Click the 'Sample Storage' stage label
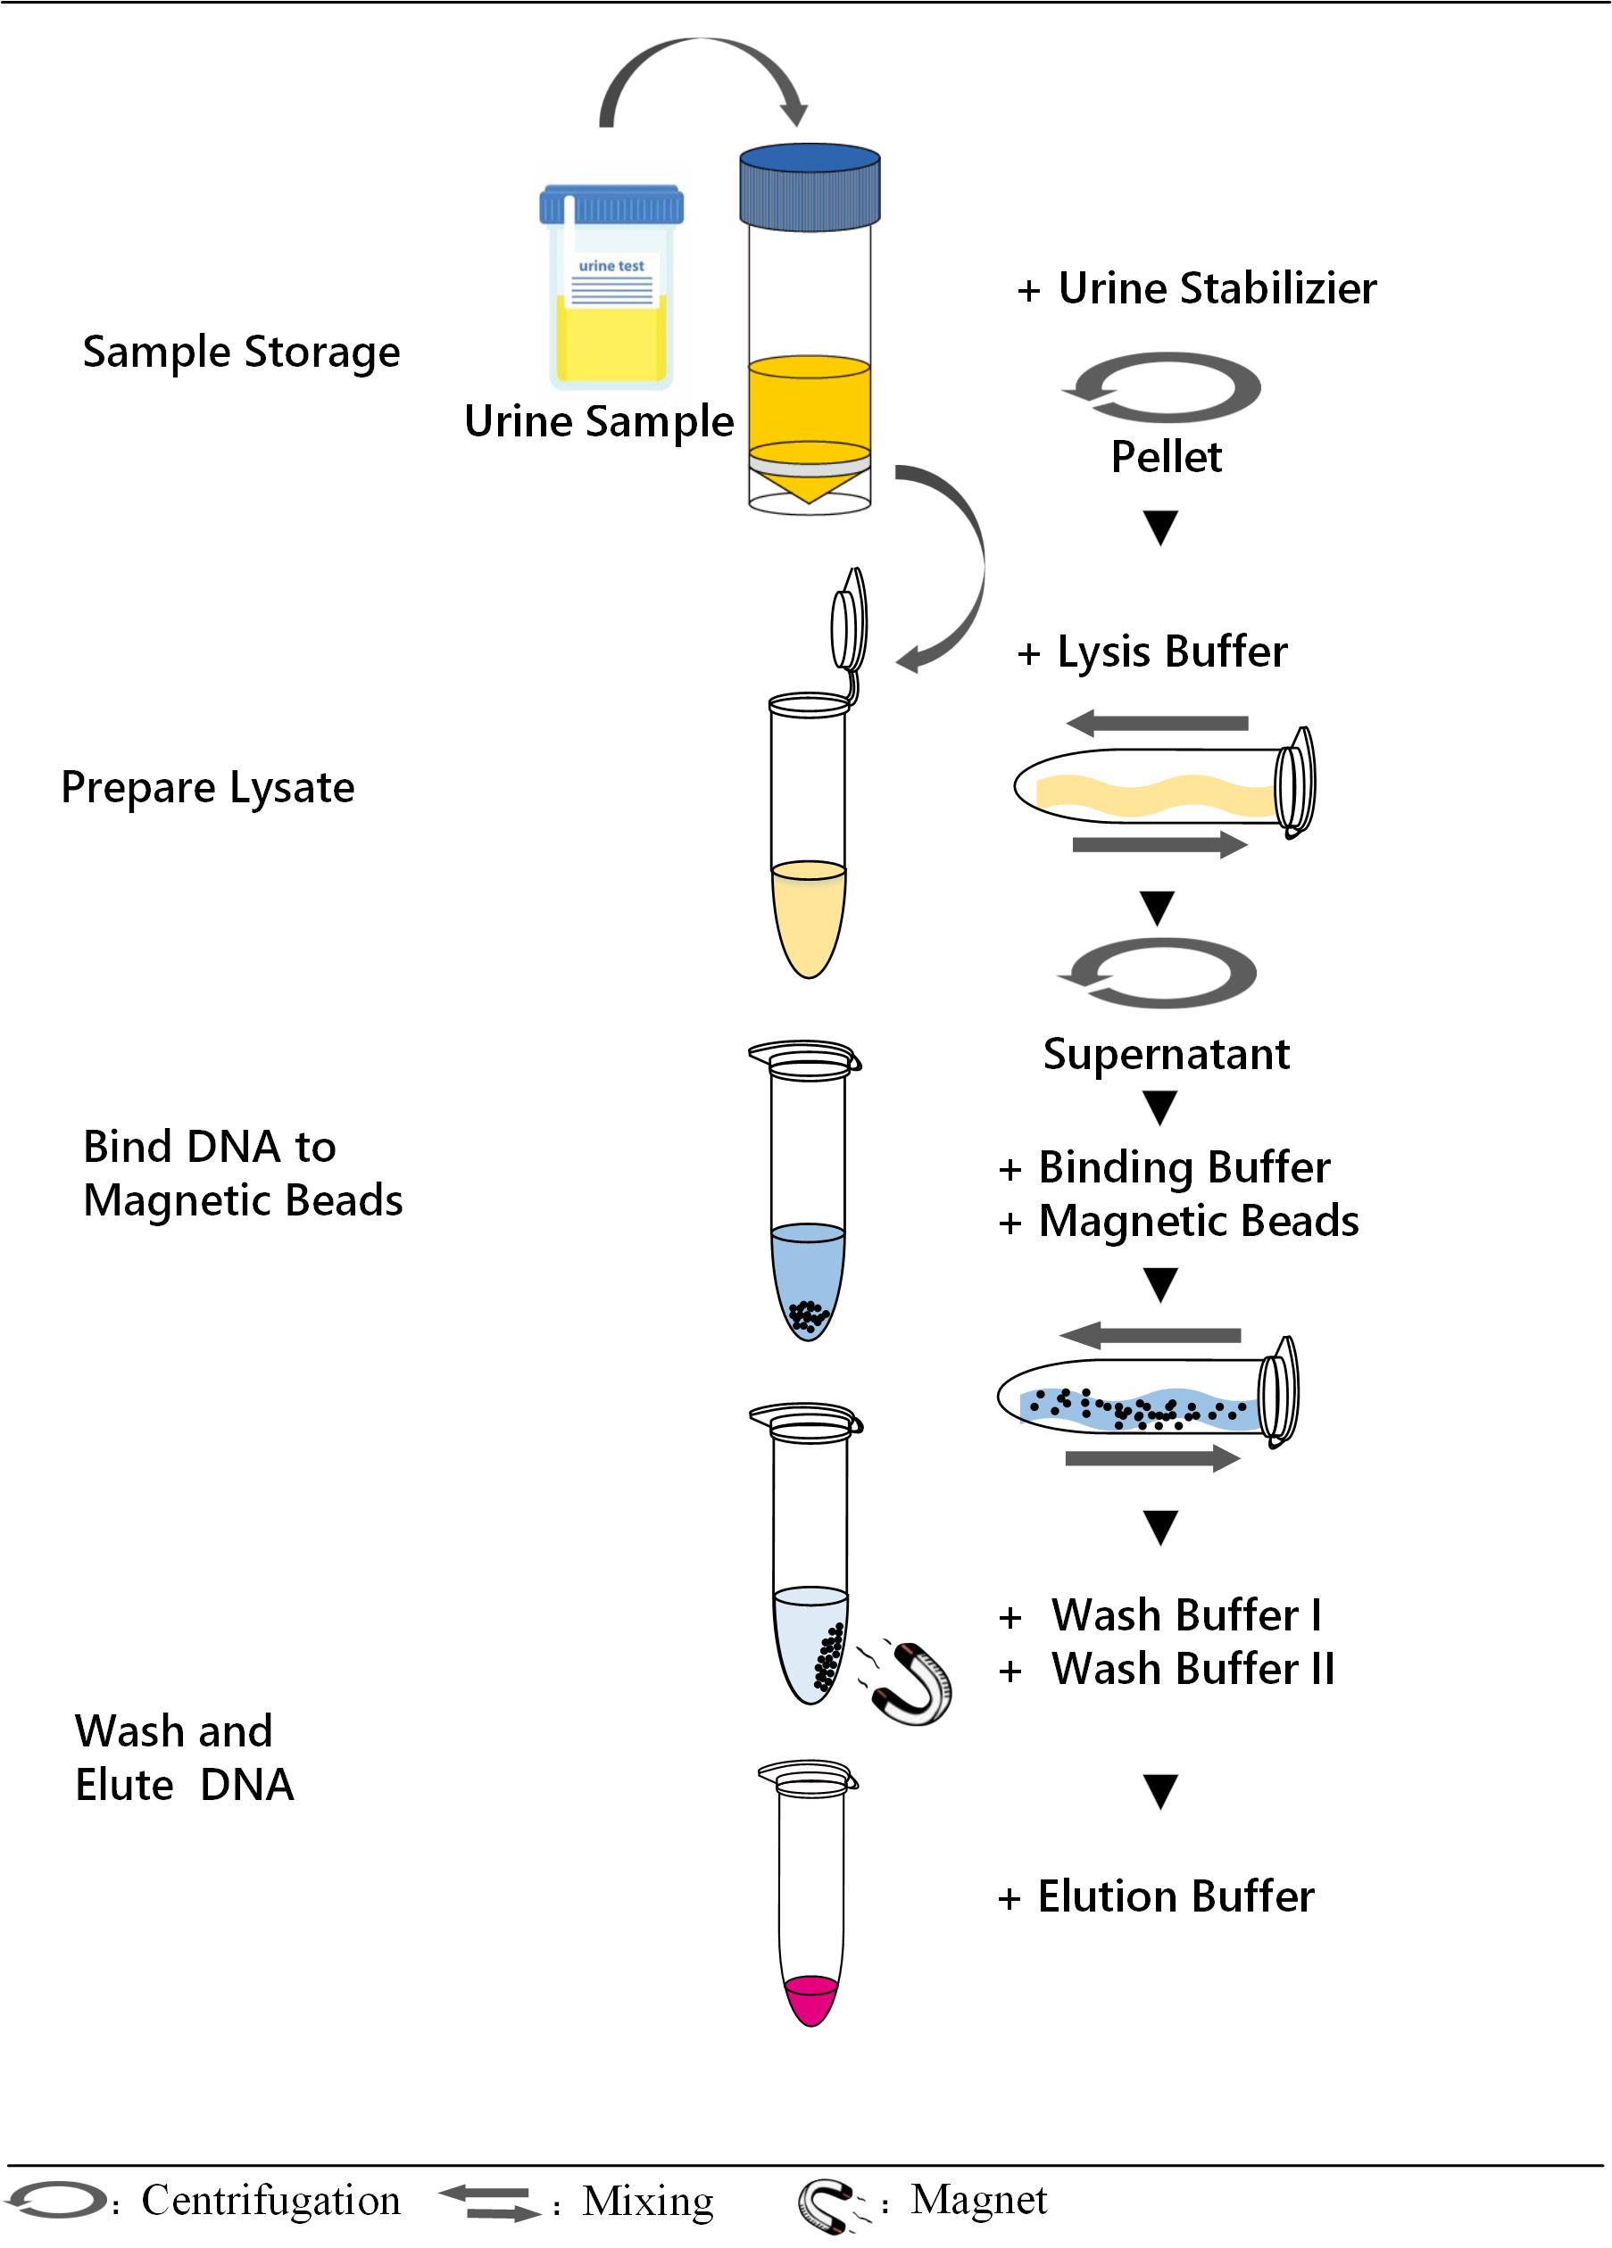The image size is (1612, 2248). [241, 352]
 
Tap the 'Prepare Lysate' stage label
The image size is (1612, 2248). [207, 788]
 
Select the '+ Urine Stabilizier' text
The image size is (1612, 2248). [1197, 288]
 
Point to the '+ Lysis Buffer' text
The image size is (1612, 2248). [1152, 652]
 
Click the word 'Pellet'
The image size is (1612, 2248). [1166, 457]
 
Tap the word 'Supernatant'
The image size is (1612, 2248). [1166, 1054]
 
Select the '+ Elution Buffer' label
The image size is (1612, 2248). [1156, 1896]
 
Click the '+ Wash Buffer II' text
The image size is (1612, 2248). [1167, 1669]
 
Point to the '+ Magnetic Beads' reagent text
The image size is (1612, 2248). [1179, 1221]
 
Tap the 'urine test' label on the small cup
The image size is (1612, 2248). [611, 266]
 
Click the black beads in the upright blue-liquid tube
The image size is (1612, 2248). [808, 1315]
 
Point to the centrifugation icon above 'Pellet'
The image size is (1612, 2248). [1161, 387]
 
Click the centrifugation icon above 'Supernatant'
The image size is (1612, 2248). [1157, 974]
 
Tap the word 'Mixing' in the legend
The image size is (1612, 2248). [647, 2201]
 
